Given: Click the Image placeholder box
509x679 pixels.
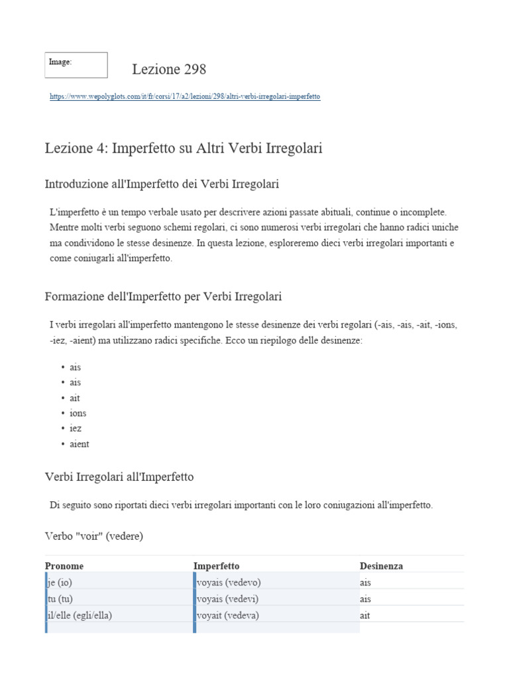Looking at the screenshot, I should [76, 65].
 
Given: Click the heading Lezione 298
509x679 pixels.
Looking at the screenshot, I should [169, 69].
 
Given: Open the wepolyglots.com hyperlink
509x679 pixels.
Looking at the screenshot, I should [185, 96].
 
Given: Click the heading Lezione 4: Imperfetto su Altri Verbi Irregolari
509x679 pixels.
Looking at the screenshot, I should [184, 149].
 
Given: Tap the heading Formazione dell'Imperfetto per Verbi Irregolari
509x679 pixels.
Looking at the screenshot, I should [163, 296].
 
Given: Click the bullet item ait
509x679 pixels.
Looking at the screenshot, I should [75, 398].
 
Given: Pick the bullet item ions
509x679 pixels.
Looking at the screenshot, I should [78, 413].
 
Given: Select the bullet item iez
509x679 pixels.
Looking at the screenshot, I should [76, 428].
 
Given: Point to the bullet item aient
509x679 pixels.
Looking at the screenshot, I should [79, 444].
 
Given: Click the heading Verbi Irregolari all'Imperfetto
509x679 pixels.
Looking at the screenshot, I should [119, 477].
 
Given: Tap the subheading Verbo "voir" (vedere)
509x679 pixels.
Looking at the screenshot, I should [93, 536].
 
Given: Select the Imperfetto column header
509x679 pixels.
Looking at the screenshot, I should [217, 566].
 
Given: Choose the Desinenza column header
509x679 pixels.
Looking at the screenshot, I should [381, 566].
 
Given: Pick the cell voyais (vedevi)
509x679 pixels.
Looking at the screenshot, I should [227, 599].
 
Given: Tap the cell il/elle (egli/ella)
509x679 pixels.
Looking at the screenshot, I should [80, 615].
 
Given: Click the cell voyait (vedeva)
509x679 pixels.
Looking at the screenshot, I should [228, 615].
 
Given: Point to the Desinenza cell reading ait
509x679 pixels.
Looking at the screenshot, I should [365, 615].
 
